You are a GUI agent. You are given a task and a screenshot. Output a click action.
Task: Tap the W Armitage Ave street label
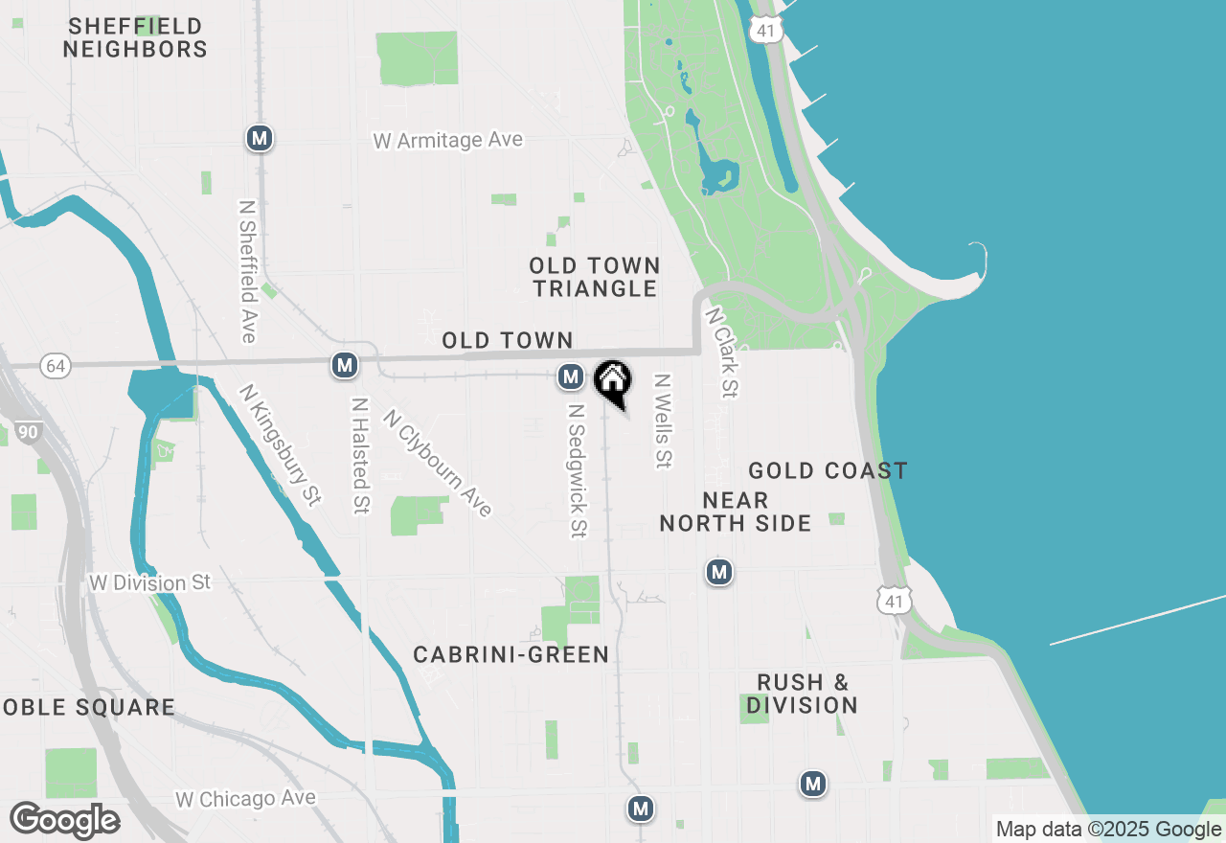tap(448, 140)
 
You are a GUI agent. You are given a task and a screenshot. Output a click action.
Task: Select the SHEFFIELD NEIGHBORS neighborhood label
tap(135, 37)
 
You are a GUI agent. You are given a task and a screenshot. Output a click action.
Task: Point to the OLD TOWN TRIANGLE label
tap(595, 277)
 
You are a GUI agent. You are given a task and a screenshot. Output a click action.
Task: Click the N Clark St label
tap(722, 353)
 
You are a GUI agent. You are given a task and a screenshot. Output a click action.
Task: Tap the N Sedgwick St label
tap(576, 469)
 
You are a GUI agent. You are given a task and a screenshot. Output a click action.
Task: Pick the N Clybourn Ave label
tap(437, 463)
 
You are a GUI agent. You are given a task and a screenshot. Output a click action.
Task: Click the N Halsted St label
tap(360, 456)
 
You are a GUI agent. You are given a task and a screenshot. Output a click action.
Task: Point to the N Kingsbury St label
tap(280, 444)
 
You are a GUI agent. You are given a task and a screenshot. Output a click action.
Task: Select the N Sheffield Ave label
tap(248, 271)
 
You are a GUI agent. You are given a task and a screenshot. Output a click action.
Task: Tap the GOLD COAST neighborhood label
tap(828, 470)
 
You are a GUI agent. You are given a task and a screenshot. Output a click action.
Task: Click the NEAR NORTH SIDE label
tap(736, 512)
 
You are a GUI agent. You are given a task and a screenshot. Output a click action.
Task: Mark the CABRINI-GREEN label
tap(511, 654)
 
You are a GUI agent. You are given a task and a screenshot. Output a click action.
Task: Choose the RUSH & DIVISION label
tap(803, 694)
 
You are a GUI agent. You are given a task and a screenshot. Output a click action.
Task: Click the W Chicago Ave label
tap(245, 798)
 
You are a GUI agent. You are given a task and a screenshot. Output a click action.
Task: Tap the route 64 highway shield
tap(56, 366)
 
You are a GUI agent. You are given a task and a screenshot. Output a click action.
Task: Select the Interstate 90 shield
tap(28, 433)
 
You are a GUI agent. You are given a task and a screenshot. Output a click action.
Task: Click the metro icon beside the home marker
tap(571, 376)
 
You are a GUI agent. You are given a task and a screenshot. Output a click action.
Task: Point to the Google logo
tap(64, 821)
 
